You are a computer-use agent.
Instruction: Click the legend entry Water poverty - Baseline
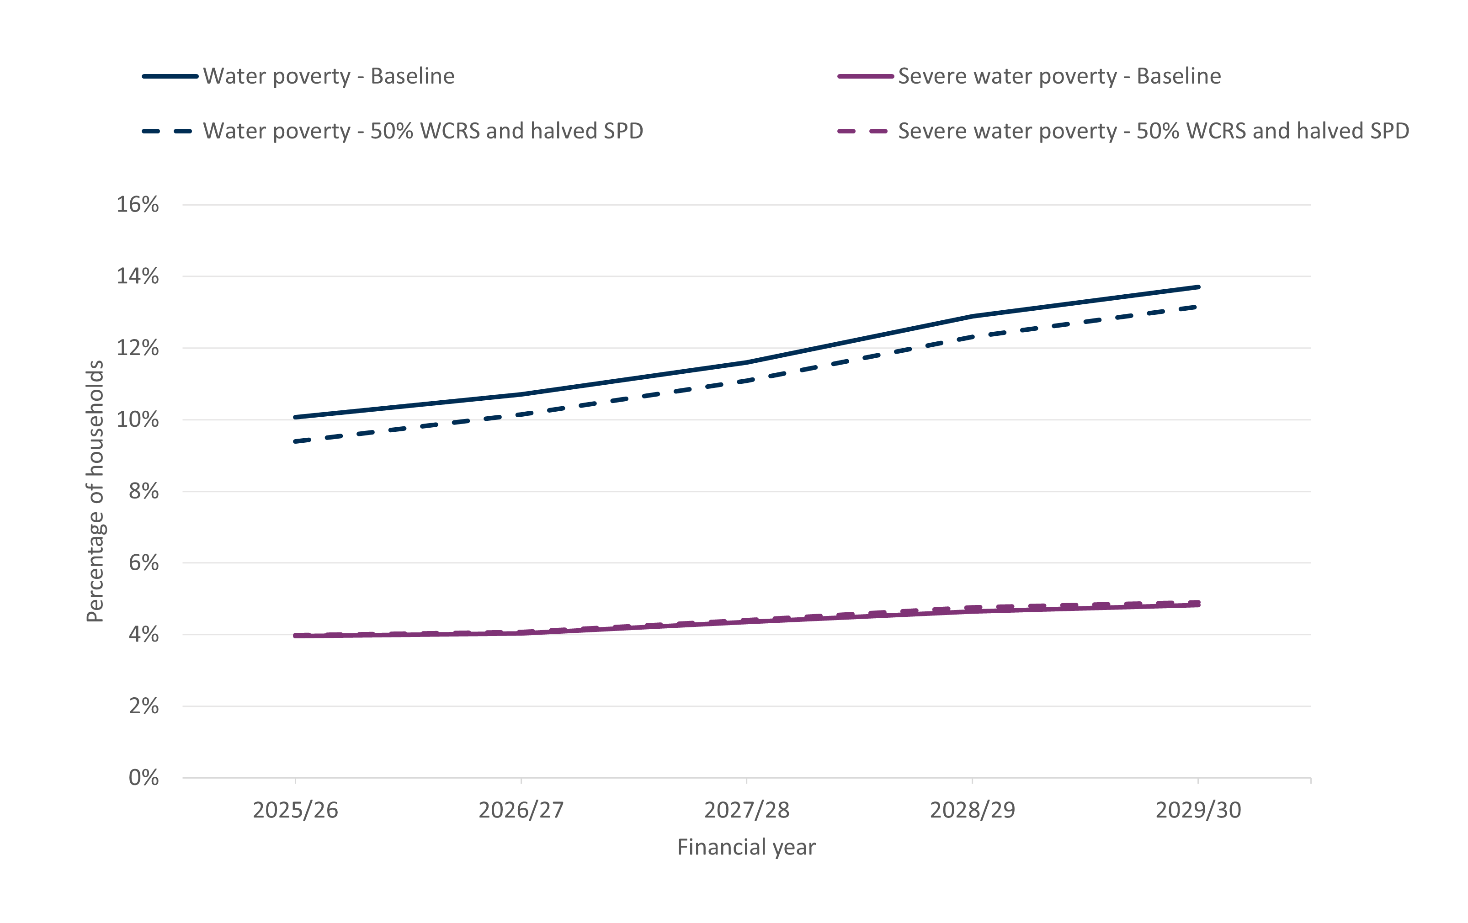point(329,76)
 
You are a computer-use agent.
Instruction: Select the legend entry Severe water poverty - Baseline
point(1059,76)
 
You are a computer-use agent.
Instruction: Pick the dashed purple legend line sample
point(862,131)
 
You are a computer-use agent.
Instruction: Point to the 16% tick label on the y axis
point(138,204)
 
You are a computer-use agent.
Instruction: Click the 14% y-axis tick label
point(138,276)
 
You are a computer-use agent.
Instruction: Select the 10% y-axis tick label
point(138,419)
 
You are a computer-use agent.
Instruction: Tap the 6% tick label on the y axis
point(144,562)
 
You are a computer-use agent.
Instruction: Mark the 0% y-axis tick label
point(144,777)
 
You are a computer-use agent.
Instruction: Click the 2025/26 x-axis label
point(295,810)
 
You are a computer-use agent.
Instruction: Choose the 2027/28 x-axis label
point(747,810)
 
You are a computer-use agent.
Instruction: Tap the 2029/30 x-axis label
point(1198,810)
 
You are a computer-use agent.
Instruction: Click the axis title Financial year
point(746,847)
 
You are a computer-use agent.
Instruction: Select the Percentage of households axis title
point(95,491)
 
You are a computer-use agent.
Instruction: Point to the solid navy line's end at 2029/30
point(1198,286)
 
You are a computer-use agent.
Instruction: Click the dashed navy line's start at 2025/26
point(295,441)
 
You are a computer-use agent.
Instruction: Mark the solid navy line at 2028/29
point(973,316)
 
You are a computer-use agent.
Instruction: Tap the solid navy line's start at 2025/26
point(295,418)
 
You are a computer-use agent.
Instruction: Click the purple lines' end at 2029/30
point(1198,604)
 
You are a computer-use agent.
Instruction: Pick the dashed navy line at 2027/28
point(747,381)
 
